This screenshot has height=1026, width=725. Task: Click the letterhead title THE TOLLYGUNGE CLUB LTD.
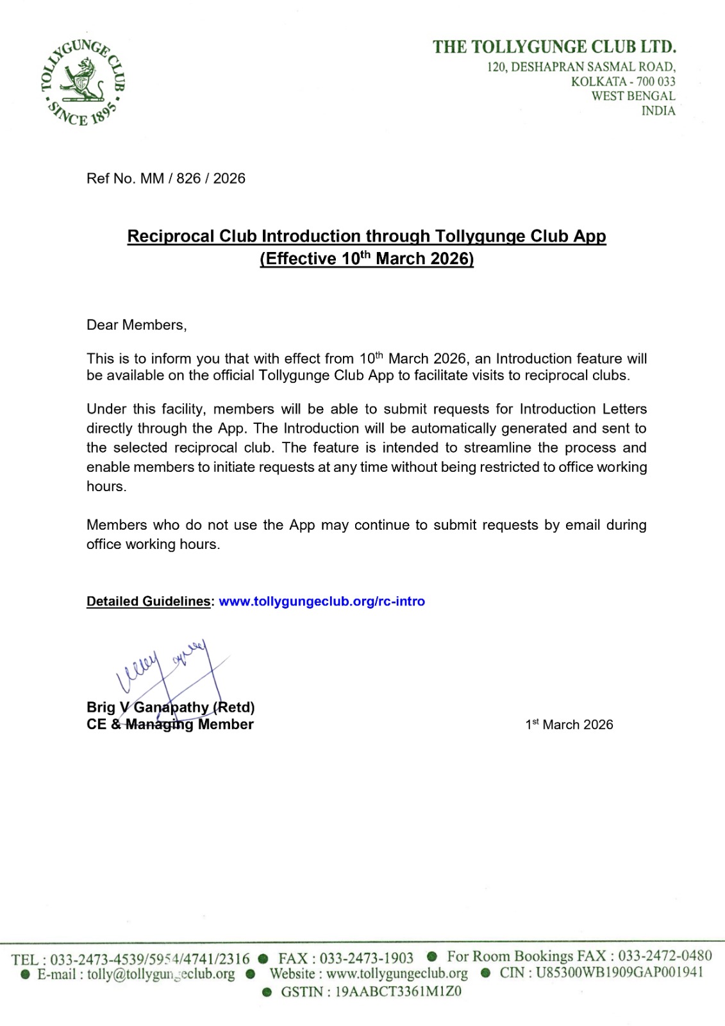[554, 47]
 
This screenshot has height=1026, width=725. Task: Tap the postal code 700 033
[656, 81]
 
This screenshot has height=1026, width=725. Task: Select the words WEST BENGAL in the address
[633, 96]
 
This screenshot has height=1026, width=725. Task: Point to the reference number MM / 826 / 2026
[192, 178]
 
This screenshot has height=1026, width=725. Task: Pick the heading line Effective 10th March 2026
[367, 258]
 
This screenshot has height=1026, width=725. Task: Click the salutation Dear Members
[137, 325]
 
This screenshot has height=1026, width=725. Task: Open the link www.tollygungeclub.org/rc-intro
[322, 601]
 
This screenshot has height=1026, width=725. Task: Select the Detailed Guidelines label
[149, 601]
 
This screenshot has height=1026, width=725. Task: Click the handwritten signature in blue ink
[170, 670]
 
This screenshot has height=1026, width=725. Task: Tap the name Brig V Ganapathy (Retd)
[171, 707]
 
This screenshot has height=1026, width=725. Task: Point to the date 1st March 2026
[569, 725]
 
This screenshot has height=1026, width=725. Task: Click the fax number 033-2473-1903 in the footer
[367, 959]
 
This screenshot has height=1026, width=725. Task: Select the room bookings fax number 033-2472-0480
[665, 956]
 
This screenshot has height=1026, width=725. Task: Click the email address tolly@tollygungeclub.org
[161, 975]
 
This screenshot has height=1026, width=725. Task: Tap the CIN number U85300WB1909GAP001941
[619, 972]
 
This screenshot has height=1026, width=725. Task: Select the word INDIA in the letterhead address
[658, 111]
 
